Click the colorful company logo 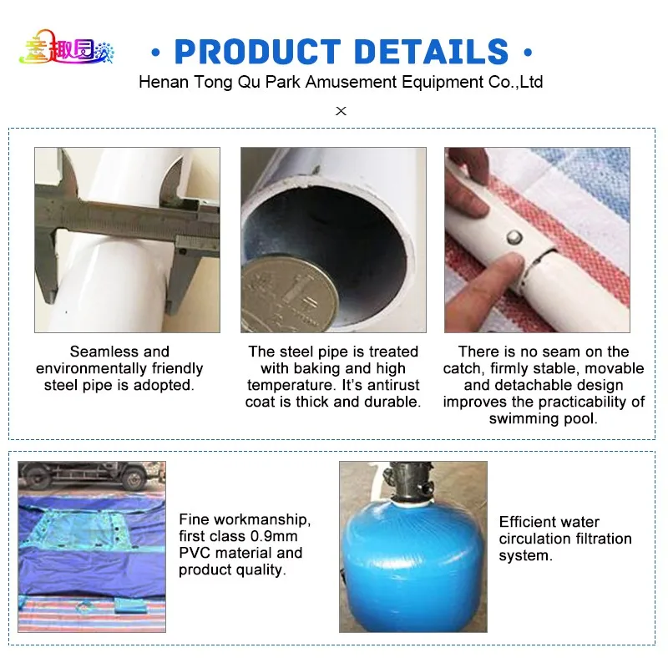pyautogui.click(x=67, y=48)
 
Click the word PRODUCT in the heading pyautogui.click(x=258, y=52)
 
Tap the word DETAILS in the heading pyautogui.click(x=431, y=52)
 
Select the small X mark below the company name pyautogui.click(x=341, y=111)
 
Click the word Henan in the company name pyautogui.click(x=164, y=82)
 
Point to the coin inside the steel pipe pyautogui.click(x=290, y=295)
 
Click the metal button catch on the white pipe pyautogui.click(x=514, y=237)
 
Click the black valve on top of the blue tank pyautogui.click(x=409, y=483)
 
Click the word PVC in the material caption pyautogui.click(x=194, y=553)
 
